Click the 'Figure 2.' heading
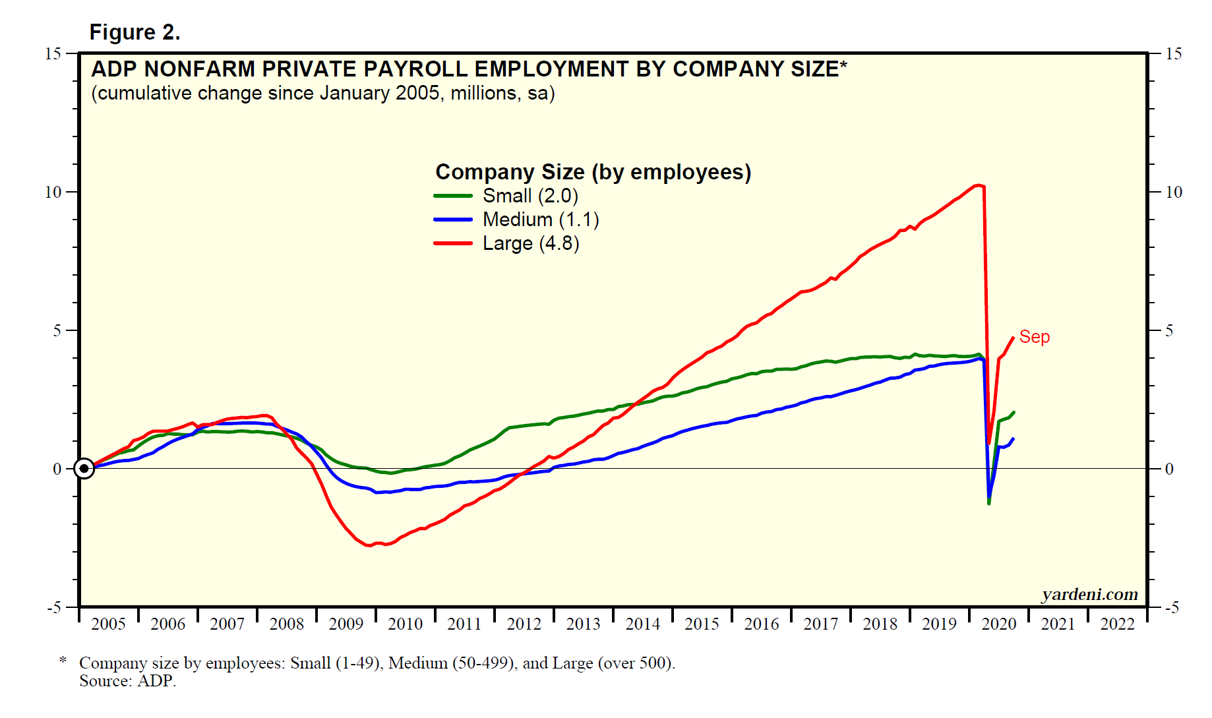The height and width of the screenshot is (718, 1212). coord(135,32)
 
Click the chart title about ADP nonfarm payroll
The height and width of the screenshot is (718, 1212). coord(468,69)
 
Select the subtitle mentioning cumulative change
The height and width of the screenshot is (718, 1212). coord(323,93)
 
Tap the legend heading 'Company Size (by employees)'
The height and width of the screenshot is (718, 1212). coord(593,172)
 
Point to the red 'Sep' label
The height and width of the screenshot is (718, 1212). coord(1034,337)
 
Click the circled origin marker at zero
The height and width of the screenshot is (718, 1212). coord(84,469)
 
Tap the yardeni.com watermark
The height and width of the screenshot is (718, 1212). coord(1089,595)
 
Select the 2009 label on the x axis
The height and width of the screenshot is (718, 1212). coord(346,624)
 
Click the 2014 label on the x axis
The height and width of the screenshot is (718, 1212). coord(642,624)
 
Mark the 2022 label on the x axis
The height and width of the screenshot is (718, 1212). coord(1117,624)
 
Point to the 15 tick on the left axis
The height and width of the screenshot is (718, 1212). coord(53,54)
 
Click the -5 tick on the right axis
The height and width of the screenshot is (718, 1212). coord(1171,607)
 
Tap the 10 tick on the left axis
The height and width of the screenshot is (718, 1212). coord(53,193)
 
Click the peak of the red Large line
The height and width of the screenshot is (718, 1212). coord(979,185)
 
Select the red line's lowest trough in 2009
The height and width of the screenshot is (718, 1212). coord(369,545)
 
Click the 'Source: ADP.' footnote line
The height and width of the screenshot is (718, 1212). coord(128,681)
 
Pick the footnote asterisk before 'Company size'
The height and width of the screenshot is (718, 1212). coord(63,660)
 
